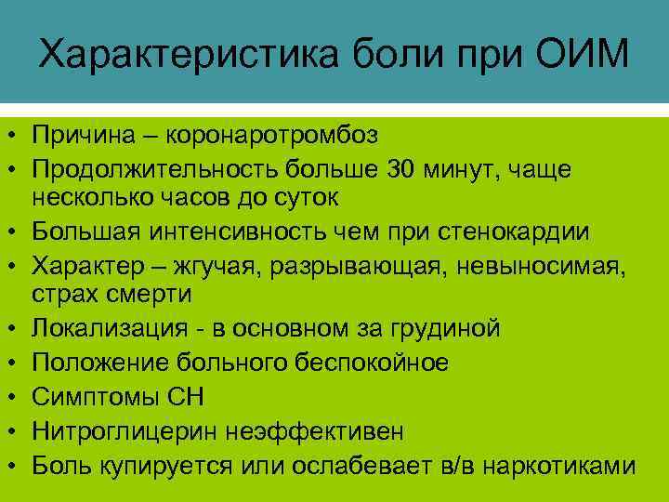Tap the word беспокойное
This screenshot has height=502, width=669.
367,363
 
